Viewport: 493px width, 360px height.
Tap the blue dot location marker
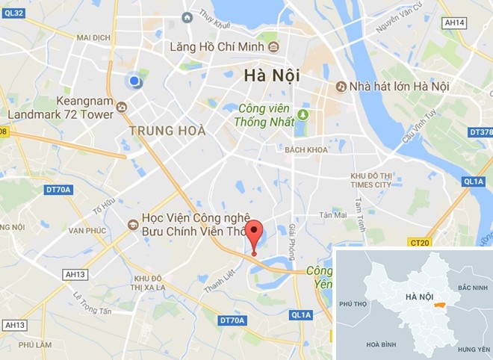click(134, 81)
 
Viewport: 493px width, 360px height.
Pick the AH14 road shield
click(454, 23)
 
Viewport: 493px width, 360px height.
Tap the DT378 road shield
click(480, 132)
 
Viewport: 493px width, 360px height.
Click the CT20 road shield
click(421, 242)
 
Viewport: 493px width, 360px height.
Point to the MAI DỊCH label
click(93, 37)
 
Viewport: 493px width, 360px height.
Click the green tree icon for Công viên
click(303, 114)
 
